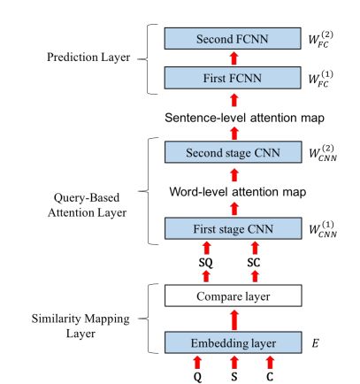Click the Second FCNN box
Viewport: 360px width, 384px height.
(x=233, y=39)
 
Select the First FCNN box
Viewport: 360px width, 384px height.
(x=233, y=78)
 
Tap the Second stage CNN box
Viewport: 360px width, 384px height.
(x=234, y=152)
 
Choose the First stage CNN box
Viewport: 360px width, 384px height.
(x=234, y=228)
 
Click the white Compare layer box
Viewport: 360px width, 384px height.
(x=234, y=296)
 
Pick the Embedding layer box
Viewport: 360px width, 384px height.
(x=234, y=342)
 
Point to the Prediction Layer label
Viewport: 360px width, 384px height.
(x=88, y=58)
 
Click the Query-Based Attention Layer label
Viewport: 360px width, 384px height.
(x=87, y=205)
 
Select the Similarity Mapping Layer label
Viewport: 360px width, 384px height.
(x=80, y=326)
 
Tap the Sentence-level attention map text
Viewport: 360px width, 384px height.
(x=244, y=118)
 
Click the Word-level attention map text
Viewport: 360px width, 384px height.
(x=238, y=192)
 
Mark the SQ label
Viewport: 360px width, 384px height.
(x=206, y=262)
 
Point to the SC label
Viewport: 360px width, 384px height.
(x=254, y=262)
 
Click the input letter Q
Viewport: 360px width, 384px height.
(x=198, y=377)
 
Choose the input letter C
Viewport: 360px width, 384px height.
(x=270, y=376)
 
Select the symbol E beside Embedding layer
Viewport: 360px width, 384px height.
(x=315, y=343)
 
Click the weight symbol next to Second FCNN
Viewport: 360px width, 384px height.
(x=321, y=39)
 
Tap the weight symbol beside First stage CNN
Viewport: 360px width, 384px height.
(x=323, y=229)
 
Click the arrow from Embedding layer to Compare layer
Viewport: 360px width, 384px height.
(x=234, y=320)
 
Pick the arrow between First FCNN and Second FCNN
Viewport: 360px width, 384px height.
(x=234, y=58)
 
